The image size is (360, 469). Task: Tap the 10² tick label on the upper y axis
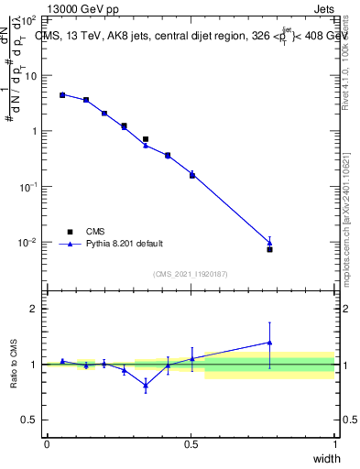29,19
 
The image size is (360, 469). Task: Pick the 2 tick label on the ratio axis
35,309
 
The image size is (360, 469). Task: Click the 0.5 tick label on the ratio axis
30,420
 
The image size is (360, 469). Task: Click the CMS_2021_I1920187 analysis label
191,274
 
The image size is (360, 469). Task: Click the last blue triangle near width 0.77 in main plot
269,243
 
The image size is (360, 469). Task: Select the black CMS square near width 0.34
146,139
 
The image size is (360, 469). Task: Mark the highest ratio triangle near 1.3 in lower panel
269,343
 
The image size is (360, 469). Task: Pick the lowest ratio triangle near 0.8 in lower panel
146,385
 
